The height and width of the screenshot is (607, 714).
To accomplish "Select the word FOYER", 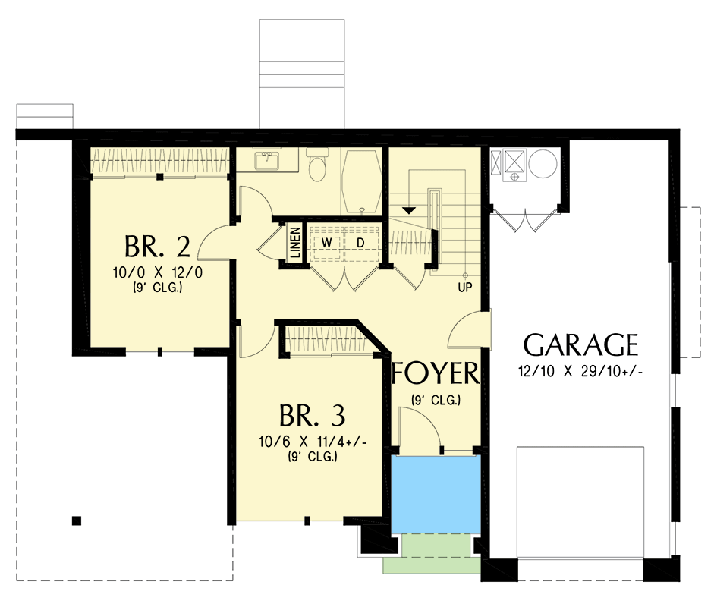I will [436, 374].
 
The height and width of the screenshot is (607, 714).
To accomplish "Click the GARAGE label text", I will [580, 345].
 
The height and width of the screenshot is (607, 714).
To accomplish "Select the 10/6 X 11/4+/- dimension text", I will [312, 442].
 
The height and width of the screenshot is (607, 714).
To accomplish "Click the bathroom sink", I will [266, 161].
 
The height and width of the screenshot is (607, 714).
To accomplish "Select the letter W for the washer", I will [326, 241].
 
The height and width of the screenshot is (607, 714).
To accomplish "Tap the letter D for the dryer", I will [361, 241].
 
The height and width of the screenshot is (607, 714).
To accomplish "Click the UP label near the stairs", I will [464, 288].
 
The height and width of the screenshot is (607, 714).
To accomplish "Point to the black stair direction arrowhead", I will [409, 208].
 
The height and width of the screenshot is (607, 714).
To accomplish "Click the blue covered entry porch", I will [436, 494].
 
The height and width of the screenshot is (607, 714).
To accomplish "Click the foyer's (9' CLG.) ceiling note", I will [436, 400].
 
